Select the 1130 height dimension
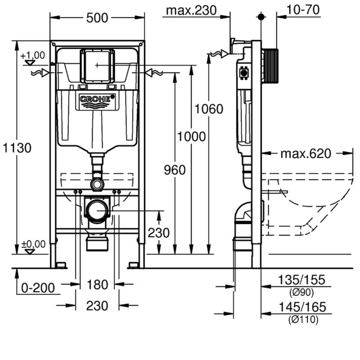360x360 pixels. point(17,147)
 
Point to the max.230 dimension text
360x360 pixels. point(191,10)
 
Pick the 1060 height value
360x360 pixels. point(209,109)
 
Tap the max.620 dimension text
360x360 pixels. point(306,154)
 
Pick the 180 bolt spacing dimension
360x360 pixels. point(97,284)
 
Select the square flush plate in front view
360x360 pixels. point(96,65)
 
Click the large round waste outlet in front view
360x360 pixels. point(97,210)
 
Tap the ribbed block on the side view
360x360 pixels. point(270,66)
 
